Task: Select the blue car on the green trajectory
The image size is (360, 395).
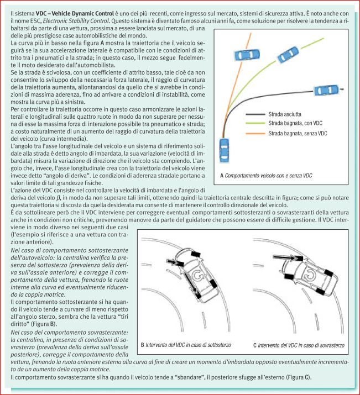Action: coord(288,54)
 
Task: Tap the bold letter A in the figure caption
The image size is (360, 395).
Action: coord(222,175)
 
